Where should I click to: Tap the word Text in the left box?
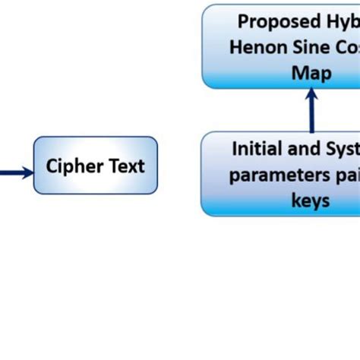click(124, 166)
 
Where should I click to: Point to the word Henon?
click(259, 46)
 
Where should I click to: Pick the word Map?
click(311, 72)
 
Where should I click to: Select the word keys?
click(311, 200)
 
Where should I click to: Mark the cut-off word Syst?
click(343, 148)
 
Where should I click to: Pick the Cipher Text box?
click(96, 165)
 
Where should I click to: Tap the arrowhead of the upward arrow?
click(311, 94)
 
